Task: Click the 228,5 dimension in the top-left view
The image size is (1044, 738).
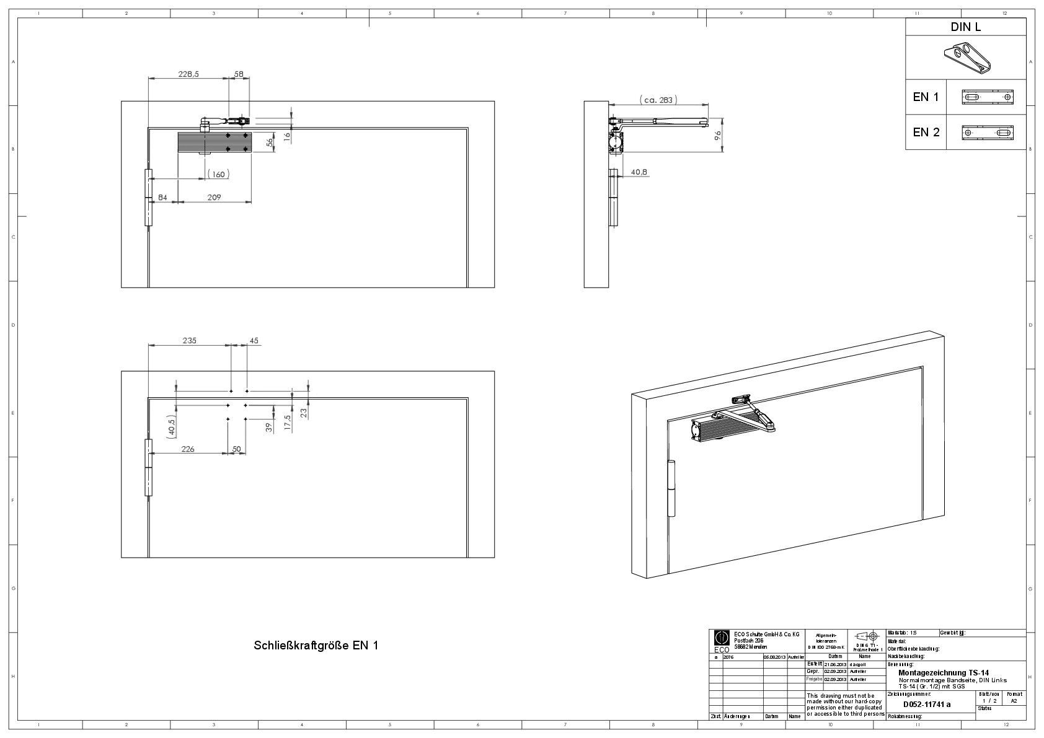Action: click(188, 74)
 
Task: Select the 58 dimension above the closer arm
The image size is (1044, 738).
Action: click(239, 74)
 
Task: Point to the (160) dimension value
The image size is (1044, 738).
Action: click(218, 174)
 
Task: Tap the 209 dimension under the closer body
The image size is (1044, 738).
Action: click(215, 197)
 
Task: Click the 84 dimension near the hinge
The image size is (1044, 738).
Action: click(163, 197)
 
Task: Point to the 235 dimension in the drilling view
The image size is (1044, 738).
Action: click(189, 340)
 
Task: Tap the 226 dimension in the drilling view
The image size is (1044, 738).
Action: click(187, 449)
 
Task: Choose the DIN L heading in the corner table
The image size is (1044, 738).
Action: click(965, 27)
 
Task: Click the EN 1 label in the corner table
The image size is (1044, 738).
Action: click(926, 97)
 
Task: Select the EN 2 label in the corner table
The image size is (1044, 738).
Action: click(926, 132)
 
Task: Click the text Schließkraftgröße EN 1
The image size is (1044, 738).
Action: click(316, 645)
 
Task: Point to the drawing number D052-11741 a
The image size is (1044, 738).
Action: click(926, 705)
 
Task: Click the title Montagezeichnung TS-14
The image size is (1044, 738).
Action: click(943, 672)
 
